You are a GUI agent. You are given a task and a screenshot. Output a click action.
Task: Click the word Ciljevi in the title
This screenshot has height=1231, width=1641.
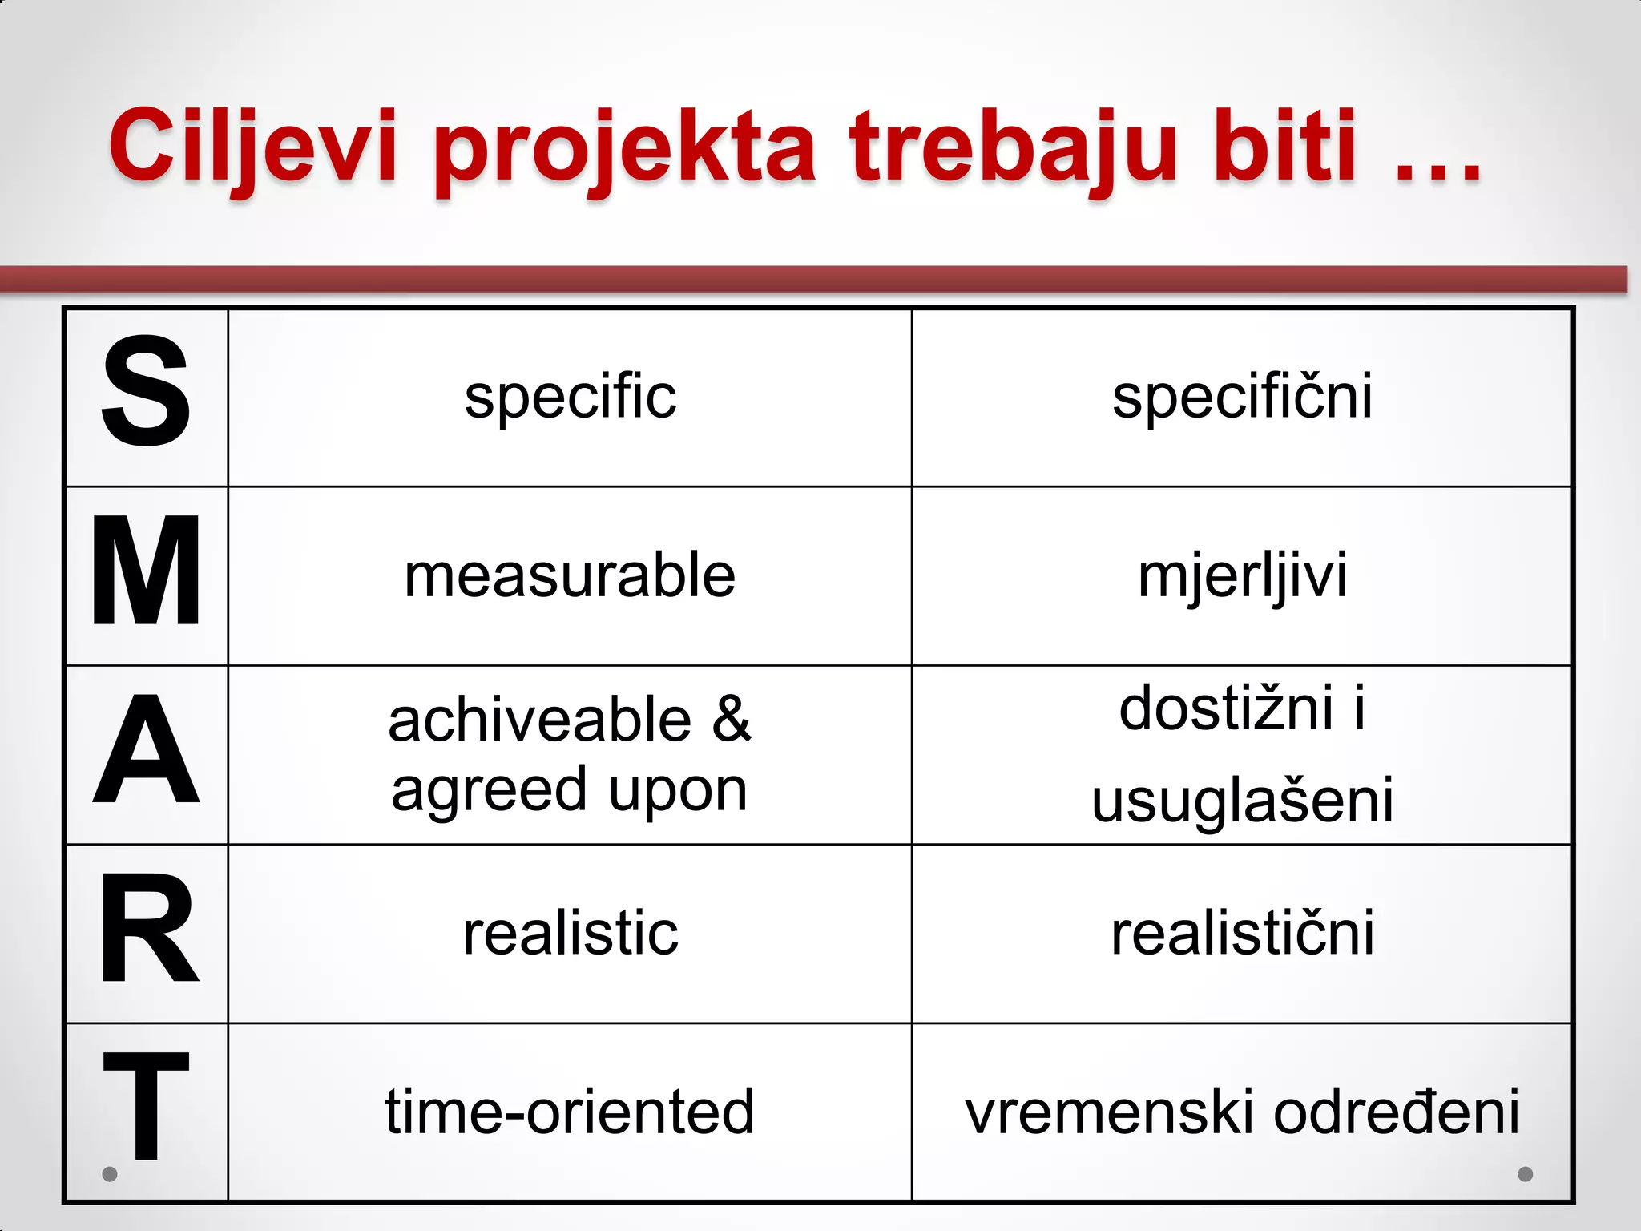tap(253, 147)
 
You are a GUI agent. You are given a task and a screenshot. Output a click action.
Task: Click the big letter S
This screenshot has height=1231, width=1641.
tap(146, 391)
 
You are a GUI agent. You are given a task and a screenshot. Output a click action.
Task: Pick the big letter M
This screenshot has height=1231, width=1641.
tap(146, 571)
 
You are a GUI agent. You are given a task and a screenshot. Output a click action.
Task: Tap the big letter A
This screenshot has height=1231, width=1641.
tap(146, 749)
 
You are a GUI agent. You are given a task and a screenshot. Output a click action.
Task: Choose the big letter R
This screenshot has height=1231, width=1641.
tap(147, 930)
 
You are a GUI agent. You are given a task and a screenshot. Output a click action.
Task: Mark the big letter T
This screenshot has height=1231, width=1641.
tap(146, 1106)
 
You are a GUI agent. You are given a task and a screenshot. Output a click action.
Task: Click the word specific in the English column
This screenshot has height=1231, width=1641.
tap(570, 398)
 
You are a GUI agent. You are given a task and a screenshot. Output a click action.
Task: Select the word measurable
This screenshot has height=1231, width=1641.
tap(570, 575)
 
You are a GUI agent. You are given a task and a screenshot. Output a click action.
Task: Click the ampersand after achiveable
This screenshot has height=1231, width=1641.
tap(732, 719)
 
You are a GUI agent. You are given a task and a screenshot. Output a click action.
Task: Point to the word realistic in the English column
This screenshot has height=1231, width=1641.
tap(570, 934)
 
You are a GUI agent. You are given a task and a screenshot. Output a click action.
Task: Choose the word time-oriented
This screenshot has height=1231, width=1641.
tap(570, 1112)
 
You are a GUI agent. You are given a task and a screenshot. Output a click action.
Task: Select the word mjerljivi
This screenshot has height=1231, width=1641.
tap(1242, 577)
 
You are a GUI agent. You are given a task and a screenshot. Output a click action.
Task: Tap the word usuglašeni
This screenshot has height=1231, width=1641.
tap(1242, 800)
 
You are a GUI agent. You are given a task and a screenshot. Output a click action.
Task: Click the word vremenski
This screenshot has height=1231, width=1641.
tap(1111, 1112)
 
